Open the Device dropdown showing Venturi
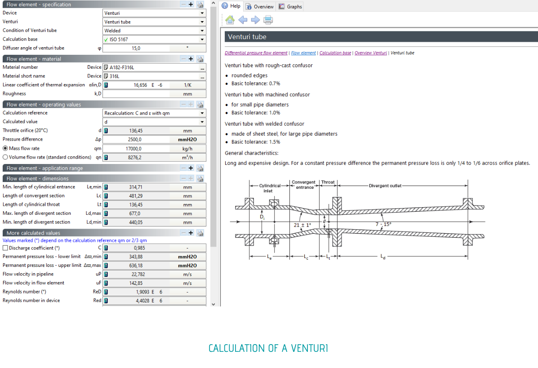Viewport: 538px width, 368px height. (154, 13)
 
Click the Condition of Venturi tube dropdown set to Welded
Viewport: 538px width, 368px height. (154, 31)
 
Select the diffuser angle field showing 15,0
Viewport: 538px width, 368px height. (136, 49)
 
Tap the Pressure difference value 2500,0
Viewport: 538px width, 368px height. (136, 140)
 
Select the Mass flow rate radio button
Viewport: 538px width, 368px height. (5, 149)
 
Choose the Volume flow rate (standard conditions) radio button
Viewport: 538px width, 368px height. (5, 157)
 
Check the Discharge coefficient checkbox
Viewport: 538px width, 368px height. (5, 248)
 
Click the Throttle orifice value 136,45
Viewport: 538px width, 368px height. (136, 131)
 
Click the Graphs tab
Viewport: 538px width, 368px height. (290, 7)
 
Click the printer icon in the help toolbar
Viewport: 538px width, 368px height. (268, 20)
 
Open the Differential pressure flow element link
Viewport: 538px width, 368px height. (256, 53)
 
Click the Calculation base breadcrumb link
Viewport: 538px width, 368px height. (335, 53)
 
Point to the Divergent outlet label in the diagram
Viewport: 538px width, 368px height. (385, 186)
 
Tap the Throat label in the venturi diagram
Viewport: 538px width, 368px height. (328, 182)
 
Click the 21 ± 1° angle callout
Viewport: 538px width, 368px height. (302, 225)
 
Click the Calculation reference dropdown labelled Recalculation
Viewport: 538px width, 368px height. (154, 113)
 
